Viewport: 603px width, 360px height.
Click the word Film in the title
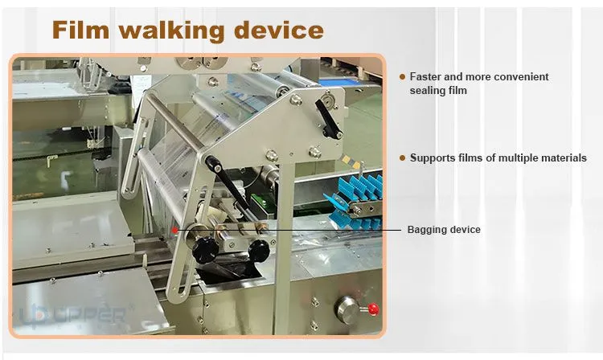click(x=80, y=30)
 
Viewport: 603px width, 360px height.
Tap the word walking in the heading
click(x=171, y=31)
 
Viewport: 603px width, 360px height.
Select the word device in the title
click(x=279, y=30)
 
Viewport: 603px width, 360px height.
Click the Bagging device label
click(x=444, y=229)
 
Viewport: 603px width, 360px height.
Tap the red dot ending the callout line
click(x=175, y=230)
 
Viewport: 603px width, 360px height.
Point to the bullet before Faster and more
click(x=402, y=77)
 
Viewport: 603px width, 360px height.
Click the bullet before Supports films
click(x=402, y=158)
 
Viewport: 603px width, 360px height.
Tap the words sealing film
click(x=438, y=91)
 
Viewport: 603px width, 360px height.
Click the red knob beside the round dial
click(x=373, y=309)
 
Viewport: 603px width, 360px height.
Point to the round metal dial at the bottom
click(x=347, y=309)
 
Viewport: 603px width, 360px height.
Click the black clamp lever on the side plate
click(x=328, y=119)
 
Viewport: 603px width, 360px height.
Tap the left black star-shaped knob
click(x=205, y=250)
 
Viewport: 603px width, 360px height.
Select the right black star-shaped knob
click(x=259, y=251)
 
